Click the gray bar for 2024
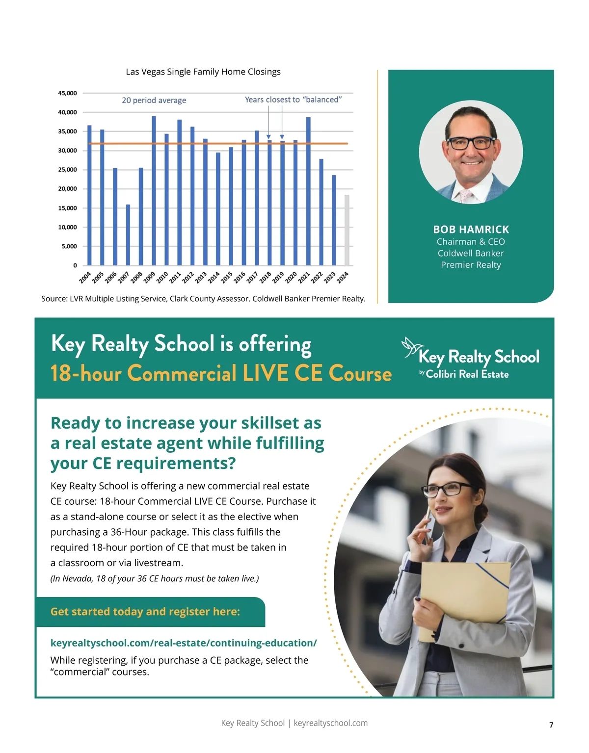(x=347, y=230)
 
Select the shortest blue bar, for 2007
(x=128, y=235)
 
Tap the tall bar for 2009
(x=154, y=191)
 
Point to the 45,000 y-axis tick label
(x=68, y=93)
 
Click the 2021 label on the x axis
(x=304, y=278)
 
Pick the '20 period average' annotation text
(x=154, y=100)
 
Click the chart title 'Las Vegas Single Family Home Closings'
(x=203, y=72)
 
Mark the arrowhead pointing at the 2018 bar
(x=268, y=137)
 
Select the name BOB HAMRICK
(x=471, y=230)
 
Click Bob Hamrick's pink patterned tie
(x=465, y=196)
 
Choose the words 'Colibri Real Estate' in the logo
(x=467, y=374)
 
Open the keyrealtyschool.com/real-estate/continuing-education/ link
(x=184, y=643)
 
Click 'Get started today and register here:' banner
(x=145, y=612)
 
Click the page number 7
(x=551, y=725)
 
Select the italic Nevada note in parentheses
(x=155, y=578)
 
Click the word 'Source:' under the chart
(x=54, y=299)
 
